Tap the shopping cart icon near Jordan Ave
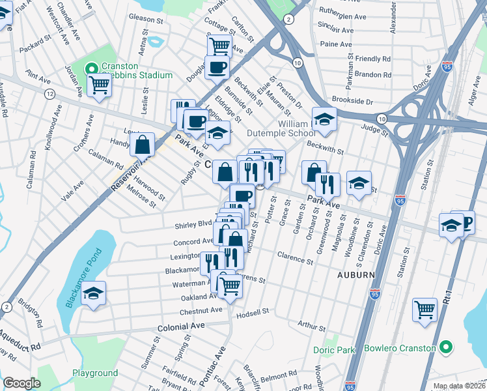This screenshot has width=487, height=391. (x=100, y=85)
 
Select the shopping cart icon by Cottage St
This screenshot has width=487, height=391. (x=219, y=46)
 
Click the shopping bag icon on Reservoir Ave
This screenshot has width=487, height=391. (x=142, y=144)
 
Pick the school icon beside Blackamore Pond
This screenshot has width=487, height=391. (x=95, y=293)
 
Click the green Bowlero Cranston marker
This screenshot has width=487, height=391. (x=445, y=348)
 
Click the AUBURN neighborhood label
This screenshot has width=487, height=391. (x=355, y=275)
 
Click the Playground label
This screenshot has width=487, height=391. (x=95, y=373)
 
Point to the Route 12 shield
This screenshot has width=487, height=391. (x=49, y=94)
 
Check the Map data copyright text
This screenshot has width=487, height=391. (x=459, y=386)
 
